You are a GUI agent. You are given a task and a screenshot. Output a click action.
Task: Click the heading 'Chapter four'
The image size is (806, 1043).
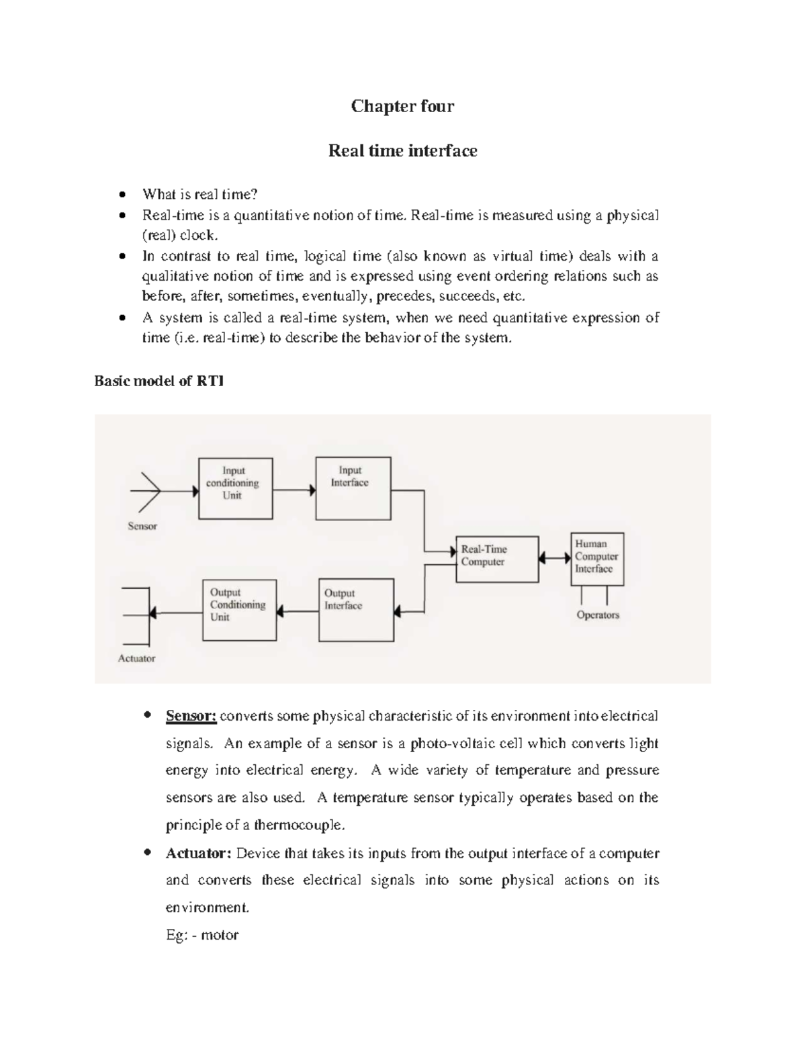click(402, 106)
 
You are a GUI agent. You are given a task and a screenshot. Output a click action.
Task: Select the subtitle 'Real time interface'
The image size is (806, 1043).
click(402, 150)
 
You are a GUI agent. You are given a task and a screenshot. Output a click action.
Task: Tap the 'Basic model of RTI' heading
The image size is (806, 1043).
click(159, 381)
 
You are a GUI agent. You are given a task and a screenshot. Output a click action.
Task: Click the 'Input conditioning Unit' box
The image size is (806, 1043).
click(235, 488)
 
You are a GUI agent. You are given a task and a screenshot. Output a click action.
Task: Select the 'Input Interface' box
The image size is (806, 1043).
click(353, 488)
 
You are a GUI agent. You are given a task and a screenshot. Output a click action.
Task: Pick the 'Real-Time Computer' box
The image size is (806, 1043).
click(497, 559)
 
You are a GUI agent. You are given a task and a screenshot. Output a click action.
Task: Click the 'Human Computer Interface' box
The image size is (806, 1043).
click(597, 559)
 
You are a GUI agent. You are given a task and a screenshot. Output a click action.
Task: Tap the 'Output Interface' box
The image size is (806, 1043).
click(356, 610)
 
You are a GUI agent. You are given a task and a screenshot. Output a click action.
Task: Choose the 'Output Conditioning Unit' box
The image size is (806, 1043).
click(239, 610)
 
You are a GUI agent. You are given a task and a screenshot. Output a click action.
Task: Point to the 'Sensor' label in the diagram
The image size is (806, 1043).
click(142, 527)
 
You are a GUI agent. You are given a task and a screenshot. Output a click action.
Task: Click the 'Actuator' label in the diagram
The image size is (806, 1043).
click(136, 658)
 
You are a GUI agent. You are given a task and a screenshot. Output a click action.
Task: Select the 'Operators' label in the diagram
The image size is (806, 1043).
click(598, 615)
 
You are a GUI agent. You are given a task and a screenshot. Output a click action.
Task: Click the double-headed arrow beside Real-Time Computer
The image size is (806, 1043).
click(555, 558)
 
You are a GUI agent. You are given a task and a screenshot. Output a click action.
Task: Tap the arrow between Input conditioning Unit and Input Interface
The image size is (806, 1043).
click(294, 491)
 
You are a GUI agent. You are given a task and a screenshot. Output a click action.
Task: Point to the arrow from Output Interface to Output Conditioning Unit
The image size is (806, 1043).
click(298, 611)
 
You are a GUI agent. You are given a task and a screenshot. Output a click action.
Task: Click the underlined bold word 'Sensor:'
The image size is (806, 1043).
click(191, 716)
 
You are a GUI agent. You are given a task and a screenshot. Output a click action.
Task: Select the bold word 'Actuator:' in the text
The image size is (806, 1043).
click(198, 854)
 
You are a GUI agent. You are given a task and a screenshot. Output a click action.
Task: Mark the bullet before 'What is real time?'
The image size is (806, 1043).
click(122, 195)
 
